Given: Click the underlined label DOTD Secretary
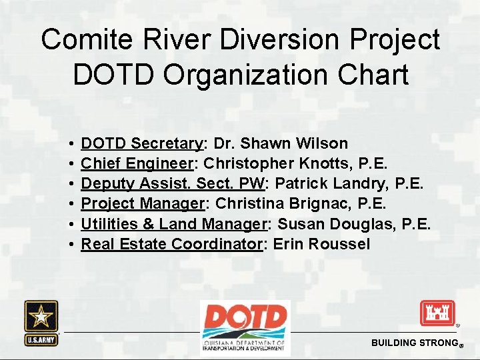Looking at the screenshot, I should (x=141, y=143).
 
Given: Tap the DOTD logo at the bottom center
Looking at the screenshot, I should (x=245, y=327).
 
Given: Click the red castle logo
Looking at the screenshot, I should (x=437, y=313).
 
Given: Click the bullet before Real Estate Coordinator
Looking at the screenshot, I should (x=71, y=244).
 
